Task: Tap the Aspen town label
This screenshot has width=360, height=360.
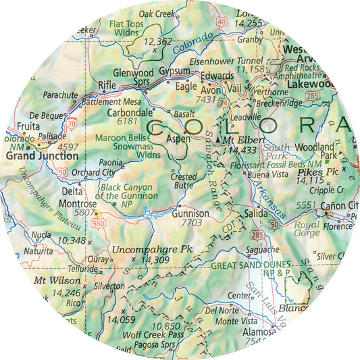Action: pyautogui.click(x=178, y=138)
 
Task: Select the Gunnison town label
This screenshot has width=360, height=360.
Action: pyautogui.click(x=191, y=213)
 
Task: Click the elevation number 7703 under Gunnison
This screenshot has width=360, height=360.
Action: pyautogui.click(x=192, y=222)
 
